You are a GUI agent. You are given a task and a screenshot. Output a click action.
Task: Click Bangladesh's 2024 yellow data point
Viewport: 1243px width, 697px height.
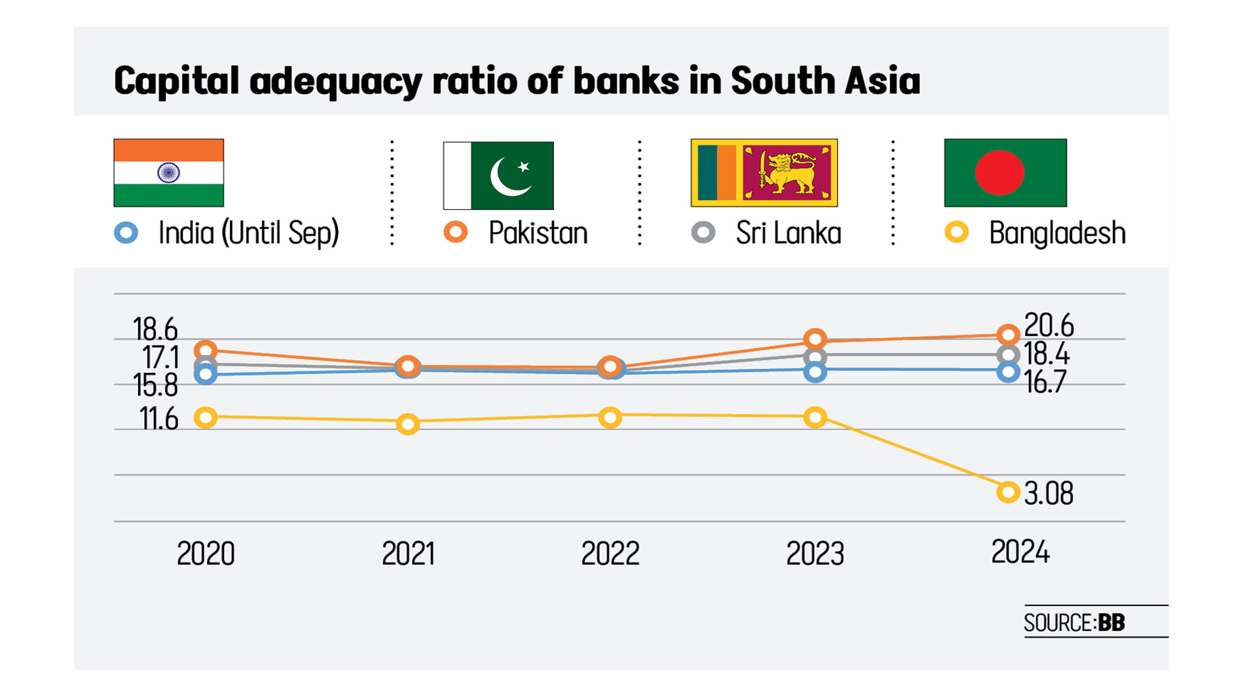coord(1008,492)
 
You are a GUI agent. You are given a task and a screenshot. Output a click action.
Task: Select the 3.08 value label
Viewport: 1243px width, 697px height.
coord(1048,493)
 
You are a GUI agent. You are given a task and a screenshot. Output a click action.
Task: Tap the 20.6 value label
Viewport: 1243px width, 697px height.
coord(1048,325)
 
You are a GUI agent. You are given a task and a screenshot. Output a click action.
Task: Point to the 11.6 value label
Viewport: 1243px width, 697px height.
coord(158,419)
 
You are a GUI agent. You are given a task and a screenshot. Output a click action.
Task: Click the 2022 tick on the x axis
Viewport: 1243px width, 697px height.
coord(610,554)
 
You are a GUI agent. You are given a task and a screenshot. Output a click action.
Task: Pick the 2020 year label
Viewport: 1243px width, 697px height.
coord(205,554)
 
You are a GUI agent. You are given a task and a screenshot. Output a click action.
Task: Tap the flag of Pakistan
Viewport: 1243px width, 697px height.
coord(498,175)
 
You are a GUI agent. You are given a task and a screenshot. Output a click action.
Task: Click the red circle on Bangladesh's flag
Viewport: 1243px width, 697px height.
coord(999,173)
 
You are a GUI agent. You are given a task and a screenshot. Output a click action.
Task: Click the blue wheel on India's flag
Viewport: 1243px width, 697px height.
coord(169,173)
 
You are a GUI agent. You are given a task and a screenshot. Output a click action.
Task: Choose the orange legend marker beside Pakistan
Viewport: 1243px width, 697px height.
coord(456,232)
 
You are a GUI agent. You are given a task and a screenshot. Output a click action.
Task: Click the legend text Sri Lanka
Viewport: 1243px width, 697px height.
coord(788,233)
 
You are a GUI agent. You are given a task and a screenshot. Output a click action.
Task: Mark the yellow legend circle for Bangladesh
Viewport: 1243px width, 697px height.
coord(957,232)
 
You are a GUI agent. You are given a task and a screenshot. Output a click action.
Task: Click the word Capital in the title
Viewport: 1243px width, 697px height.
coord(176,81)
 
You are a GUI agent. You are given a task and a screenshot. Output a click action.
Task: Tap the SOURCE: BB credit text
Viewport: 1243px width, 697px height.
coord(1074,622)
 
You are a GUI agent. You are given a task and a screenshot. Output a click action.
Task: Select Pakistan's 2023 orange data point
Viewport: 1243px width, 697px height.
coord(815,339)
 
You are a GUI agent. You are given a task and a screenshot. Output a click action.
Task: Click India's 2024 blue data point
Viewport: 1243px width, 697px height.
coord(1008,372)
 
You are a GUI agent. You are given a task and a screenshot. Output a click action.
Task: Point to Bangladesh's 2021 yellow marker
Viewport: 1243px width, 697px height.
coord(408,424)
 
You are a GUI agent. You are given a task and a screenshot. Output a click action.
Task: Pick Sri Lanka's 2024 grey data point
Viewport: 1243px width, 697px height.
coord(1008,355)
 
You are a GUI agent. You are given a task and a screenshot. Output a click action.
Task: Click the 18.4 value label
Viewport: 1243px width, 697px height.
coord(1046,354)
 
